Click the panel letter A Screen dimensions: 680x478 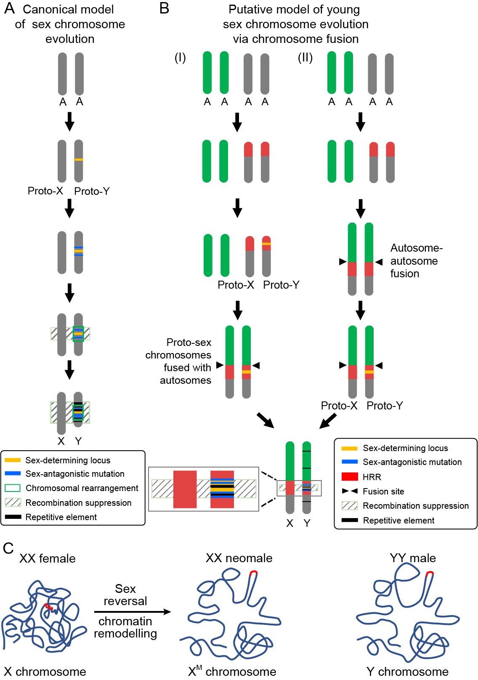[x=9, y=8]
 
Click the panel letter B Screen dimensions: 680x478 [x=164, y=8]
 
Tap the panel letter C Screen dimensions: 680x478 [x=8, y=548]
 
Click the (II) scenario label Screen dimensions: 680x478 [x=305, y=58]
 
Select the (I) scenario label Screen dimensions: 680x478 [x=180, y=58]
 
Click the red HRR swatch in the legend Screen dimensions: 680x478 [x=350, y=477]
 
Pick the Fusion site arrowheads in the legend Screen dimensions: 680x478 [x=350, y=491]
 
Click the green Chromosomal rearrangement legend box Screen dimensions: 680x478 [x=13, y=488]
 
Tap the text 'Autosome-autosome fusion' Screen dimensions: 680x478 [x=416, y=261]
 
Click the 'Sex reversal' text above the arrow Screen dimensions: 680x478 [x=125, y=595]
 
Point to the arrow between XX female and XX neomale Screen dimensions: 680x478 [x=133, y=612]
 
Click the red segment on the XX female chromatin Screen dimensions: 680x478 [x=48, y=607]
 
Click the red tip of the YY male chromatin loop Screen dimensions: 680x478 [x=429, y=573]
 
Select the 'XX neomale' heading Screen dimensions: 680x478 [x=239, y=558]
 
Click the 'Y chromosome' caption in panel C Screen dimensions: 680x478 [x=407, y=672]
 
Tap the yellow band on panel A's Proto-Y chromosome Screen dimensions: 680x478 [x=79, y=159]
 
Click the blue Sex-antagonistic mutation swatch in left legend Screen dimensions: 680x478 [x=13, y=474]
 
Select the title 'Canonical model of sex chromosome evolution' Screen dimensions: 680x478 [x=69, y=24]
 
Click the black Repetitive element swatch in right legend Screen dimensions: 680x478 [x=350, y=521]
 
